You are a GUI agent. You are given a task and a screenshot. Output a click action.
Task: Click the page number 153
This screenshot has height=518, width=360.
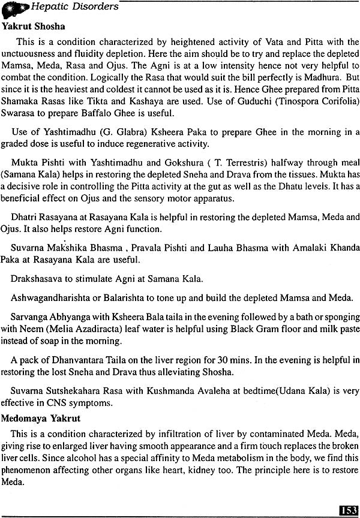click(x=348, y=510)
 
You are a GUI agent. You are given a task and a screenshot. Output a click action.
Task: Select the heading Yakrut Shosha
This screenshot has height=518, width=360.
click(x=34, y=27)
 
